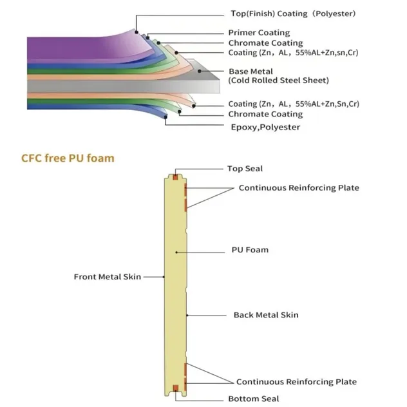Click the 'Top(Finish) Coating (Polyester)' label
(x=293, y=14)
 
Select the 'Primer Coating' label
(x=259, y=33)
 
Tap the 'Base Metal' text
(x=251, y=71)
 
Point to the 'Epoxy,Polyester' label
(x=265, y=128)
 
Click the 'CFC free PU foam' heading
(x=68, y=158)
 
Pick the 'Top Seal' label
(x=245, y=169)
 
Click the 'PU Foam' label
(x=250, y=250)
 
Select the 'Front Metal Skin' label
(x=108, y=277)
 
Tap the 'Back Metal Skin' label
(x=266, y=315)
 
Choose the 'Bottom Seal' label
(x=254, y=399)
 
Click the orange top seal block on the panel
(x=175, y=178)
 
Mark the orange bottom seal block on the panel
(x=175, y=388)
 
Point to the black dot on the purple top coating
(x=137, y=32)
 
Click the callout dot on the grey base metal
(x=200, y=71)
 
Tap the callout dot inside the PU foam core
(x=176, y=252)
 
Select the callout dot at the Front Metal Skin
(x=164, y=277)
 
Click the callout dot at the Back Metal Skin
(x=187, y=316)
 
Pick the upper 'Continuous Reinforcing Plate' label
(x=299, y=188)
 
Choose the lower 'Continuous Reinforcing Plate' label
(x=296, y=382)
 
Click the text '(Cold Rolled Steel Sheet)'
(x=278, y=80)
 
